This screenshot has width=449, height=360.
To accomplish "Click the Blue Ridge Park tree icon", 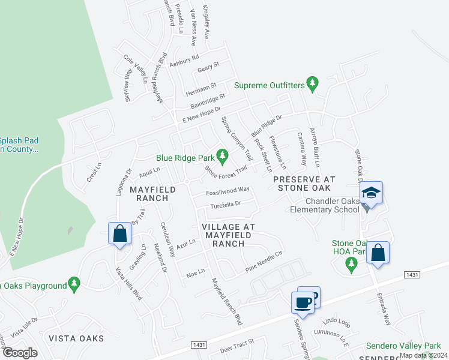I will pyautogui.click(x=223, y=157).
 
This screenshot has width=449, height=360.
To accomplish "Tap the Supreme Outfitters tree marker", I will pyautogui.click(x=312, y=85).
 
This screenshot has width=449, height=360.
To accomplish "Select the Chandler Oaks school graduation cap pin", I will pyautogui.click(x=372, y=193).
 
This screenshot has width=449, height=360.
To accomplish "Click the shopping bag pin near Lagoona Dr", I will pyautogui.click(x=119, y=233).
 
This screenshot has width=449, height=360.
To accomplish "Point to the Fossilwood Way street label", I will pyautogui.click(x=228, y=190).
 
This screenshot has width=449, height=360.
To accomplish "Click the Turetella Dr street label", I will pyautogui.click(x=225, y=204).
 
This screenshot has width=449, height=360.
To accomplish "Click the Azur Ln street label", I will pyautogui.click(x=187, y=244).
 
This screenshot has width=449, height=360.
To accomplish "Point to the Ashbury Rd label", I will pyautogui.click(x=184, y=61).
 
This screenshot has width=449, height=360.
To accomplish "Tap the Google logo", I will pyautogui.click(x=20, y=353).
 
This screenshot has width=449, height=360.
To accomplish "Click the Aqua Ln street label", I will pyautogui.click(x=149, y=172).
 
